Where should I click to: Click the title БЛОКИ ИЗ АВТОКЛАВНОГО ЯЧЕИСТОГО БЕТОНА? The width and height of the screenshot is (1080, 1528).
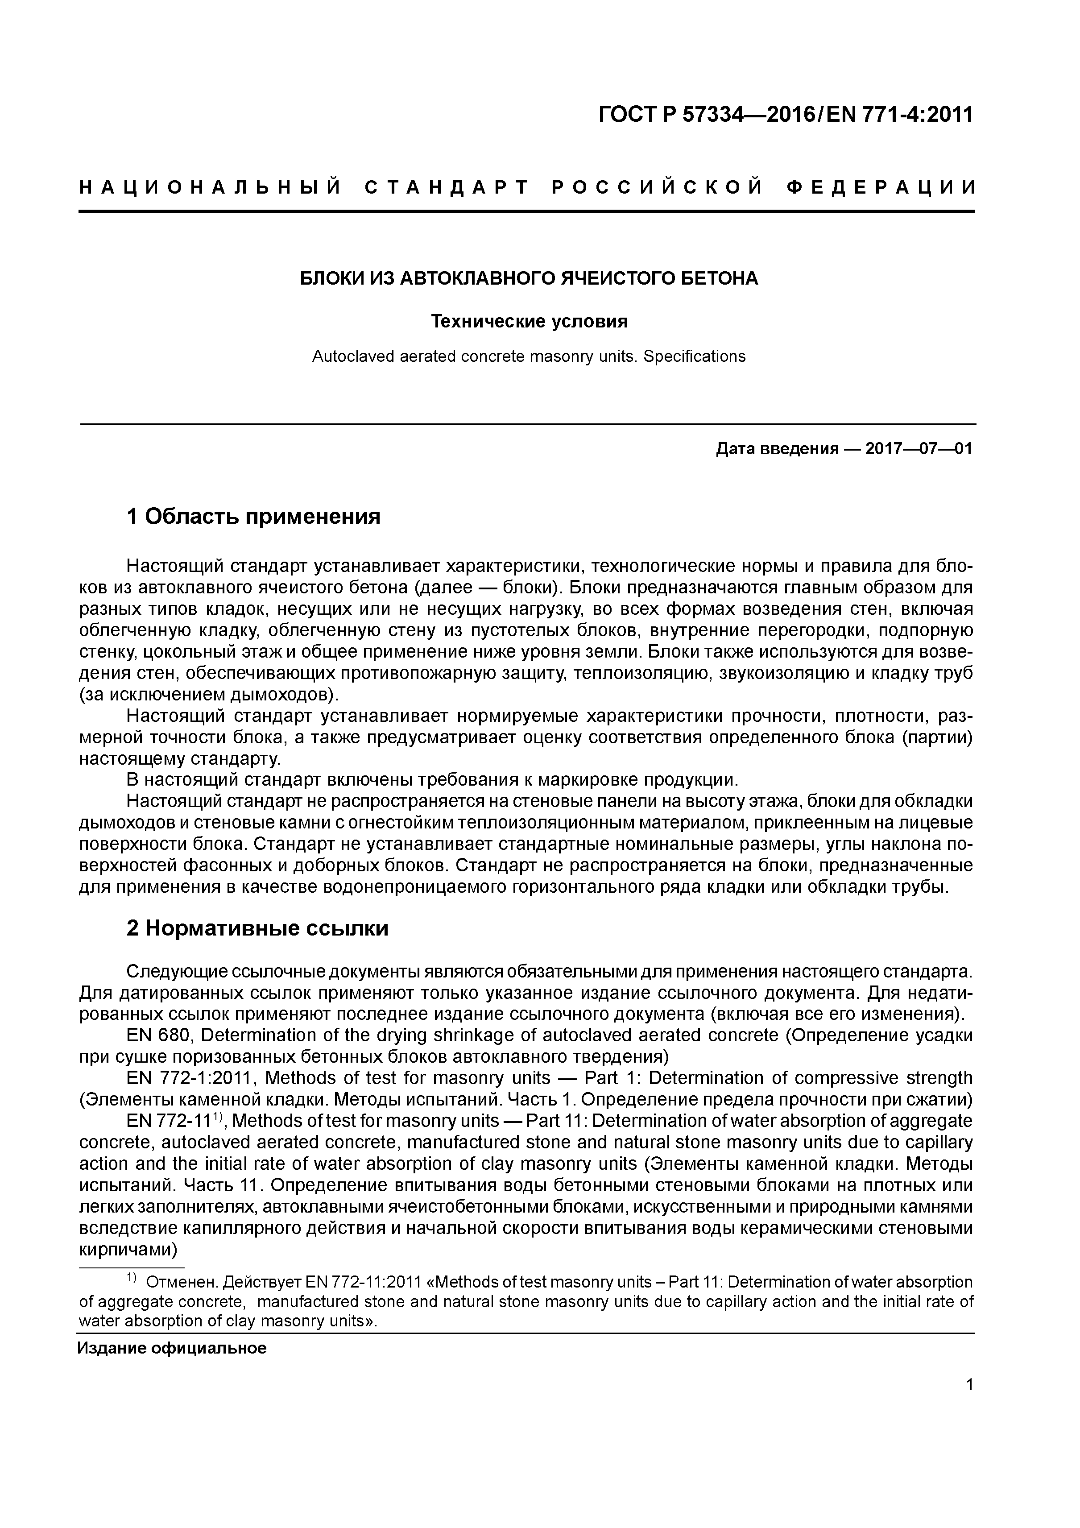point(529,278)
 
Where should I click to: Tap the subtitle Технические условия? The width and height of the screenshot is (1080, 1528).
point(529,322)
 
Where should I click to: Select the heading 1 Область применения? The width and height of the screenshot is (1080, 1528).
point(253,516)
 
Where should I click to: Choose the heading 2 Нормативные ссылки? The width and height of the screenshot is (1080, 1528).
point(257,928)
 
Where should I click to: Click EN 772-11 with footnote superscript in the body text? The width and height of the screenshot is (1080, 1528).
point(173,1121)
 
